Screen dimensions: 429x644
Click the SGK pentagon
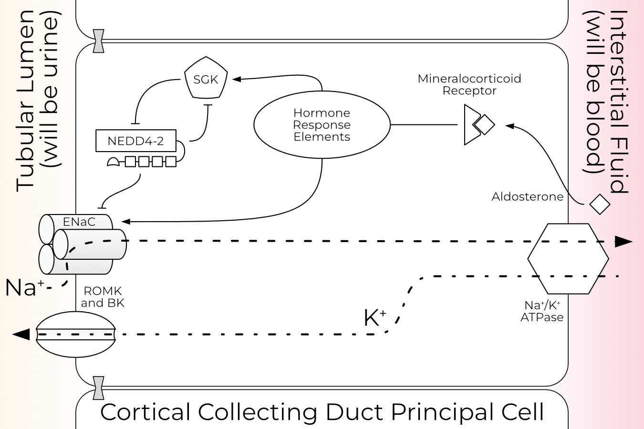point(206,79)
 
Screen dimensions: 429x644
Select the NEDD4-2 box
point(136,141)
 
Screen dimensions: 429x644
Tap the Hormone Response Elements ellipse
point(322,125)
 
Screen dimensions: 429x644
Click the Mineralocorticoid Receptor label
point(469,84)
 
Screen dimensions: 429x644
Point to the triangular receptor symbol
point(472,125)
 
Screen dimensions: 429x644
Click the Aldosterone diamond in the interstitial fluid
point(600,204)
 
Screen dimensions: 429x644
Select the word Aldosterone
point(527,197)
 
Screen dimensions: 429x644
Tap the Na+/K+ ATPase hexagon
point(568,258)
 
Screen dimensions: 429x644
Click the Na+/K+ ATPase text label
point(542,311)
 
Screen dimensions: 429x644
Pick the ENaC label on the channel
point(79,222)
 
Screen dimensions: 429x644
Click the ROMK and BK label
point(102,297)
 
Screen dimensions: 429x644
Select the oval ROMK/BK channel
point(76,334)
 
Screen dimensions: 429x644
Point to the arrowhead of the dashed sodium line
point(623,242)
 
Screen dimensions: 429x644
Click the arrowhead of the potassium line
point(21,334)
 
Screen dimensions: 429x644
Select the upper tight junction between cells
point(99,41)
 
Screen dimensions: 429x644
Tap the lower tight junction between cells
point(99,388)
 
